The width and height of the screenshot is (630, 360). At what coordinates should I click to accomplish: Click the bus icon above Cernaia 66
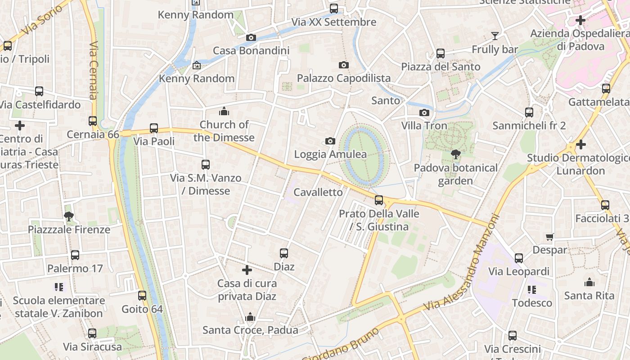click(x=93, y=121)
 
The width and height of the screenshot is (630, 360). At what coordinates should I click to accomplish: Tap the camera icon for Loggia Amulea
click(x=330, y=141)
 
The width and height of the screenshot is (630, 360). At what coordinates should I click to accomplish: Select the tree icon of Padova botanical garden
click(x=455, y=154)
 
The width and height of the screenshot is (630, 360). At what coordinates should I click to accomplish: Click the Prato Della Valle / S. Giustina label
click(x=379, y=220)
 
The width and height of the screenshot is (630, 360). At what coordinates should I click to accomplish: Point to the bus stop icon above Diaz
click(x=284, y=253)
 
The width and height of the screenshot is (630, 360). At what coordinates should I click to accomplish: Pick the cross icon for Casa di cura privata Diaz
click(x=247, y=270)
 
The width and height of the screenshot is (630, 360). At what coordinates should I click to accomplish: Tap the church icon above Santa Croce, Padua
click(x=250, y=317)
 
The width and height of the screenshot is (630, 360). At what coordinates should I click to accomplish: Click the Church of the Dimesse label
click(x=224, y=131)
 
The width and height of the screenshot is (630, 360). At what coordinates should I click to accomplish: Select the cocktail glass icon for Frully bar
click(x=495, y=36)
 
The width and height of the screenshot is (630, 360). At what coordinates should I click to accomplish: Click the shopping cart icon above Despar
click(x=549, y=237)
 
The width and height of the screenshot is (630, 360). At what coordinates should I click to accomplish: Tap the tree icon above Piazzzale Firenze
click(x=69, y=216)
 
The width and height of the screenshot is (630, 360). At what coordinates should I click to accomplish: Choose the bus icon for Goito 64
click(x=142, y=296)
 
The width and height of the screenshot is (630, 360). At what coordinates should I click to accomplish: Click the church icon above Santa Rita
click(x=589, y=283)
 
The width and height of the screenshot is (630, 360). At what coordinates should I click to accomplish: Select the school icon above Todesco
click(x=532, y=290)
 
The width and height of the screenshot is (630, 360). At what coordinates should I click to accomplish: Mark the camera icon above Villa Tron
click(x=424, y=112)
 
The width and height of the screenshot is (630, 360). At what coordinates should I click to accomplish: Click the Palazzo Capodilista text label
click(x=344, y=78)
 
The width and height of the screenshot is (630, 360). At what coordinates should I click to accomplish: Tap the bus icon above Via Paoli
click(x=154, y=128)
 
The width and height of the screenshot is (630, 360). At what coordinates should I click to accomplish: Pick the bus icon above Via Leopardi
click(x=519, y=258)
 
